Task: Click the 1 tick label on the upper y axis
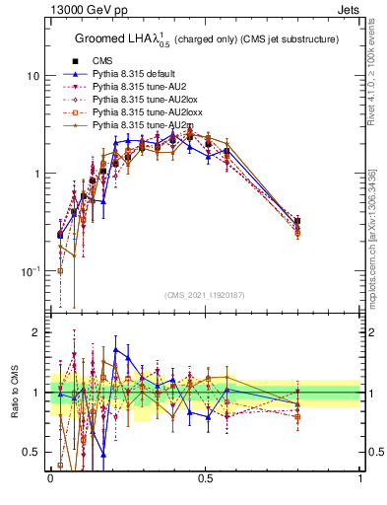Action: [x=37, y=174]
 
